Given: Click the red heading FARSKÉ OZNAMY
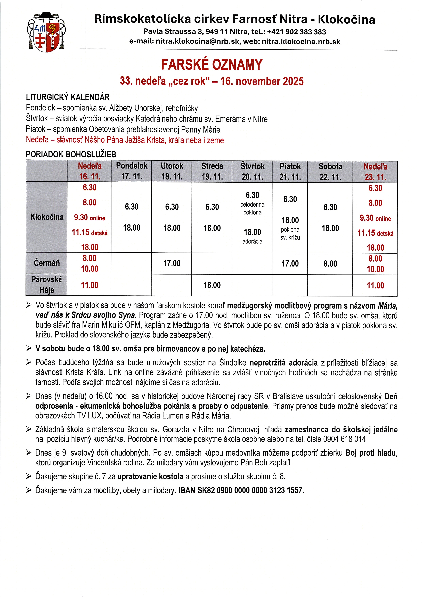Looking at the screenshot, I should pyautogui.click(x=212, y=64).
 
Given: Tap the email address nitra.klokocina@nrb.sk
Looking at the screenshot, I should pyautogui.click(x=185, y=42).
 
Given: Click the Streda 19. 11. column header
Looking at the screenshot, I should pyautogui.click(x=212, y=171).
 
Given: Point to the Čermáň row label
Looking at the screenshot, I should pyautogui.click(x=47, y=263).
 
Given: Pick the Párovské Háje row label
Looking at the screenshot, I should pyautogui.click(x=47, y=285).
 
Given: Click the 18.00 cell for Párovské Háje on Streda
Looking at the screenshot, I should pyautogui.click(x=212, y=285).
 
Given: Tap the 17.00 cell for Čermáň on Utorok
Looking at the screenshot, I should pyautogui.click(x=172, y=263).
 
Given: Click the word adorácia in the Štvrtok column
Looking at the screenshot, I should pyautogui.click(x=252, y=241).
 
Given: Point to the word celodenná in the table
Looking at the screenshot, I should pyautogui.click(x=252, y=204).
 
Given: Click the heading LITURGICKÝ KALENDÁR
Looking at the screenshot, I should pyautogui.click(x=68, y=97).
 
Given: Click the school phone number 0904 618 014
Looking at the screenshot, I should pyautogui.click(x=345, y=439).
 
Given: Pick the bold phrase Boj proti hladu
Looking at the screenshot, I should pyautogui.click(x=370, y=453).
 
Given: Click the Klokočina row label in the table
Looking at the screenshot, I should pyautogui.click(x=47, y=217).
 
